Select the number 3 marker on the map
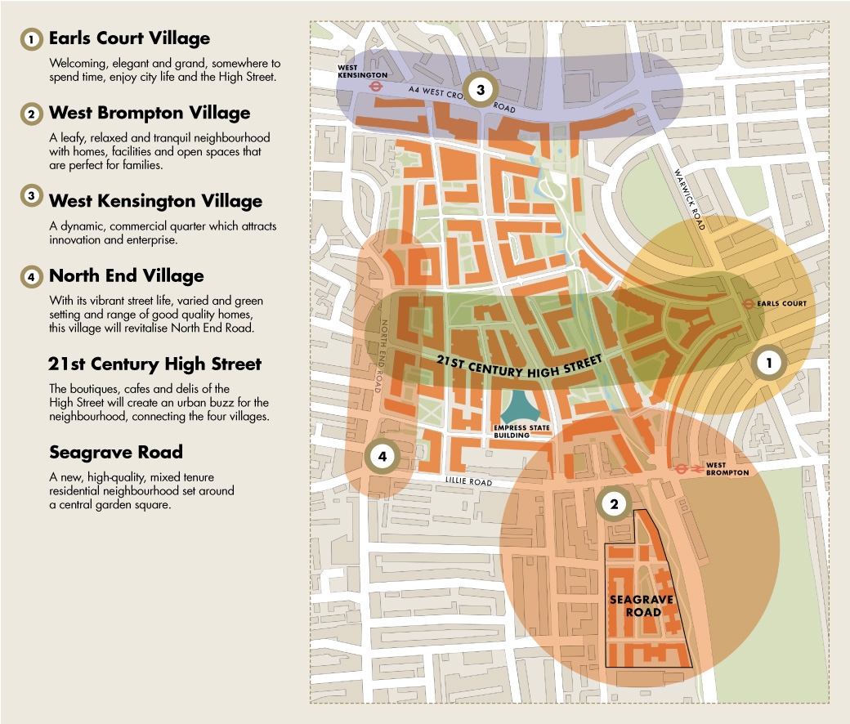[481, 90]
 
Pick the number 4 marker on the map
[382, 457]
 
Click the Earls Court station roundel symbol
[748, 304]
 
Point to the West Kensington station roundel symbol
[376, 84]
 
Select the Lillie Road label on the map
[469, 482]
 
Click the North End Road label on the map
[382, 355]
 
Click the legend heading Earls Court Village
[129, 38]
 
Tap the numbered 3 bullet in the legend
[31, 197]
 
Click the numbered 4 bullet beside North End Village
[31, 277]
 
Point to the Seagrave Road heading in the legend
[115, 453]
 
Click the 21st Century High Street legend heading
[154, 364]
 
